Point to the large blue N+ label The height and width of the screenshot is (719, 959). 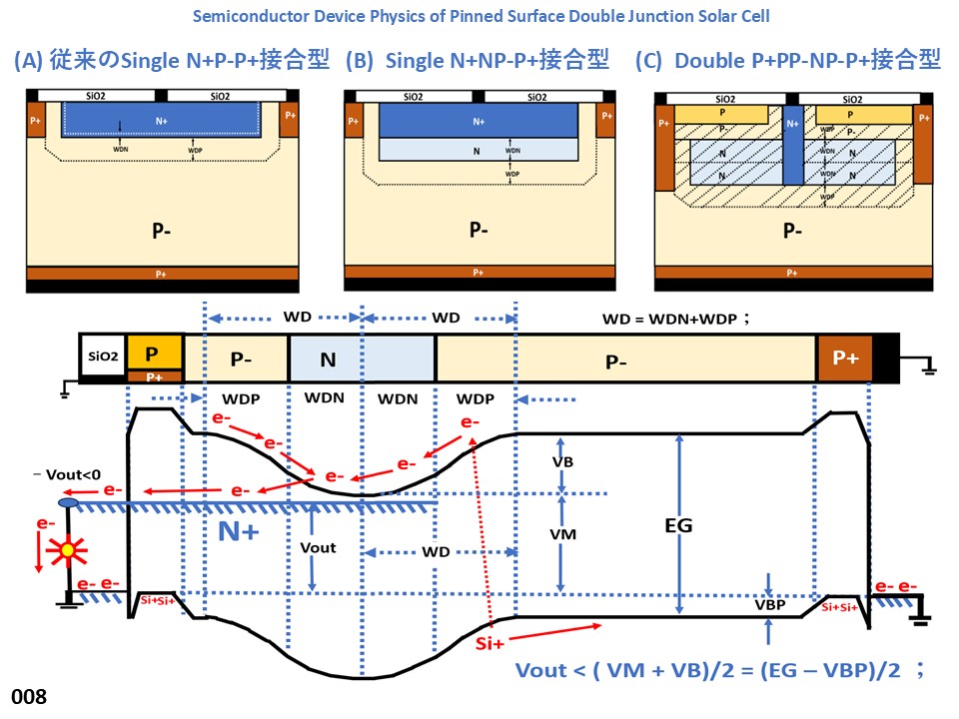point(239,532)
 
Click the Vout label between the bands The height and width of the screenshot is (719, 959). point(318,547)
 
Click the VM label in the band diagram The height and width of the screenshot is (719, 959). point(562,535)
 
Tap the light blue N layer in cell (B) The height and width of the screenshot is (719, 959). point(479,149)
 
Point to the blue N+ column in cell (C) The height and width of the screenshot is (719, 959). point(793,145)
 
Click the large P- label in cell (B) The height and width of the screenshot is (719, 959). point(479,229)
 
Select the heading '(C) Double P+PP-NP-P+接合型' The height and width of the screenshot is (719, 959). point(788,60)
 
